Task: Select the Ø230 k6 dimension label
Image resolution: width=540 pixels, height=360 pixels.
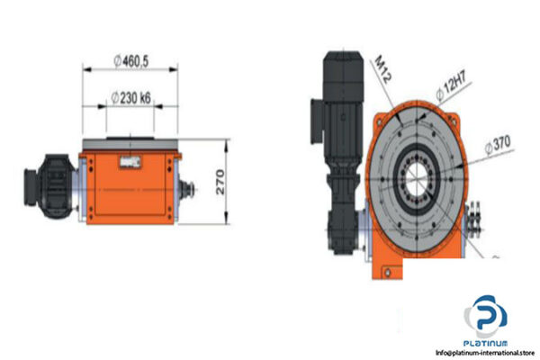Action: click(132, 96)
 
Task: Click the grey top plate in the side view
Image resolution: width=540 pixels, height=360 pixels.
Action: click(132, 145)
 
